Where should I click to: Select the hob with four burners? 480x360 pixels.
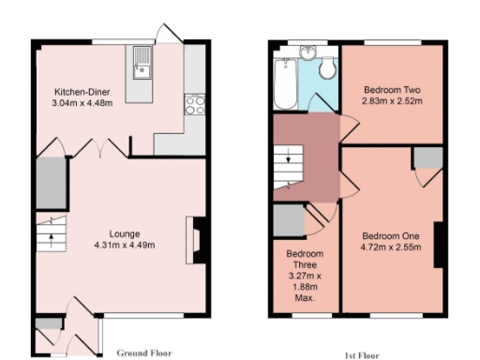click(196, 104)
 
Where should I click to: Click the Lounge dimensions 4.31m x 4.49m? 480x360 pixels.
click(125, 245)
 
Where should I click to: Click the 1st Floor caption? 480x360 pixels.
click(362, 356)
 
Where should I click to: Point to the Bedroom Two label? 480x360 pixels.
click(391, 90)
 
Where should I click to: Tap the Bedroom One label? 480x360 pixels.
click(391, 235)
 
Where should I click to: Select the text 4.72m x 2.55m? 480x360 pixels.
click(391, 247)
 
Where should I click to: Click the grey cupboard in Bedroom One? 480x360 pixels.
click(427, 157)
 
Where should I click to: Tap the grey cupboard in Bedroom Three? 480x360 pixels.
click(288, 221)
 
